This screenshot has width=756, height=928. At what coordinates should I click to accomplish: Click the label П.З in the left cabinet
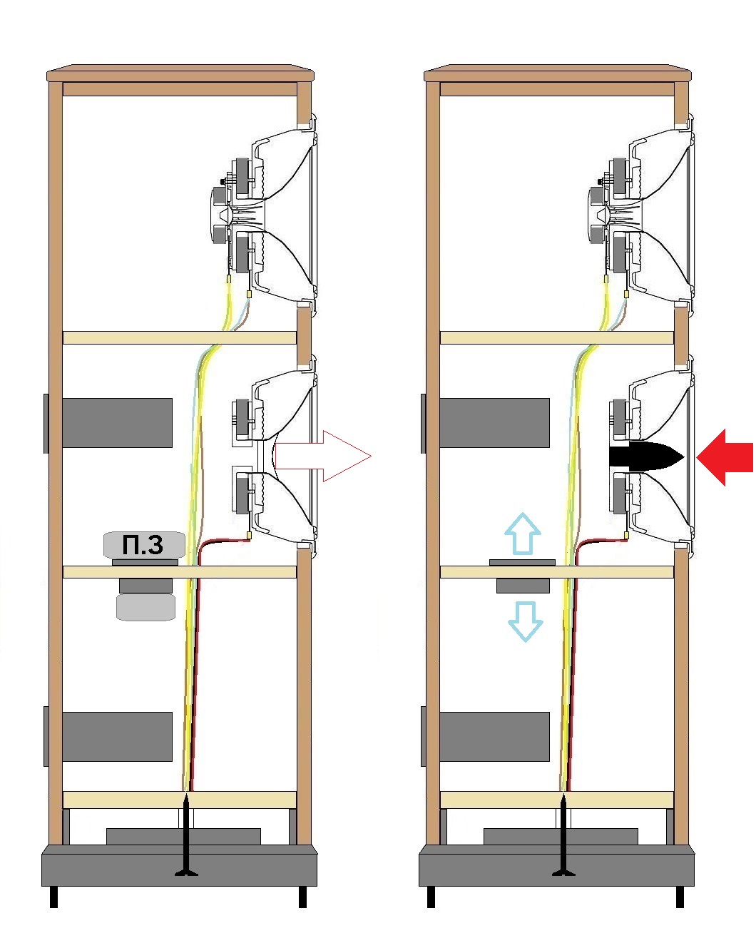point(143,546)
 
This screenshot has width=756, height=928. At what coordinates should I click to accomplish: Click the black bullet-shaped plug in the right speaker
point(646,457)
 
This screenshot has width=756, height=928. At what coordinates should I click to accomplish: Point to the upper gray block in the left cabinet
point(118,423)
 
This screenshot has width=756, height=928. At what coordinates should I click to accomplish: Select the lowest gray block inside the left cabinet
point(118,736)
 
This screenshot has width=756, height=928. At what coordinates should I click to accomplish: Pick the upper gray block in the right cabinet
point(494,423)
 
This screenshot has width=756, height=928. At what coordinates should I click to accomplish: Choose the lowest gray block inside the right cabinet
point(494,736)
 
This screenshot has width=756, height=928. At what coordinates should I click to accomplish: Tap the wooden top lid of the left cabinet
point(180,74)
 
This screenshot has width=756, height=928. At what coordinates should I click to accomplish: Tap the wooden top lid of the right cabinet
point(558,74)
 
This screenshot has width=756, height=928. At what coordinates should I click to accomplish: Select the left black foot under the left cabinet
point(53,897)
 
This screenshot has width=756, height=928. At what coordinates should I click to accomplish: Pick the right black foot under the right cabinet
point(679,897)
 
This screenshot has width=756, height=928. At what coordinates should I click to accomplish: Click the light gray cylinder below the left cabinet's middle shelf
point(145,607)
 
